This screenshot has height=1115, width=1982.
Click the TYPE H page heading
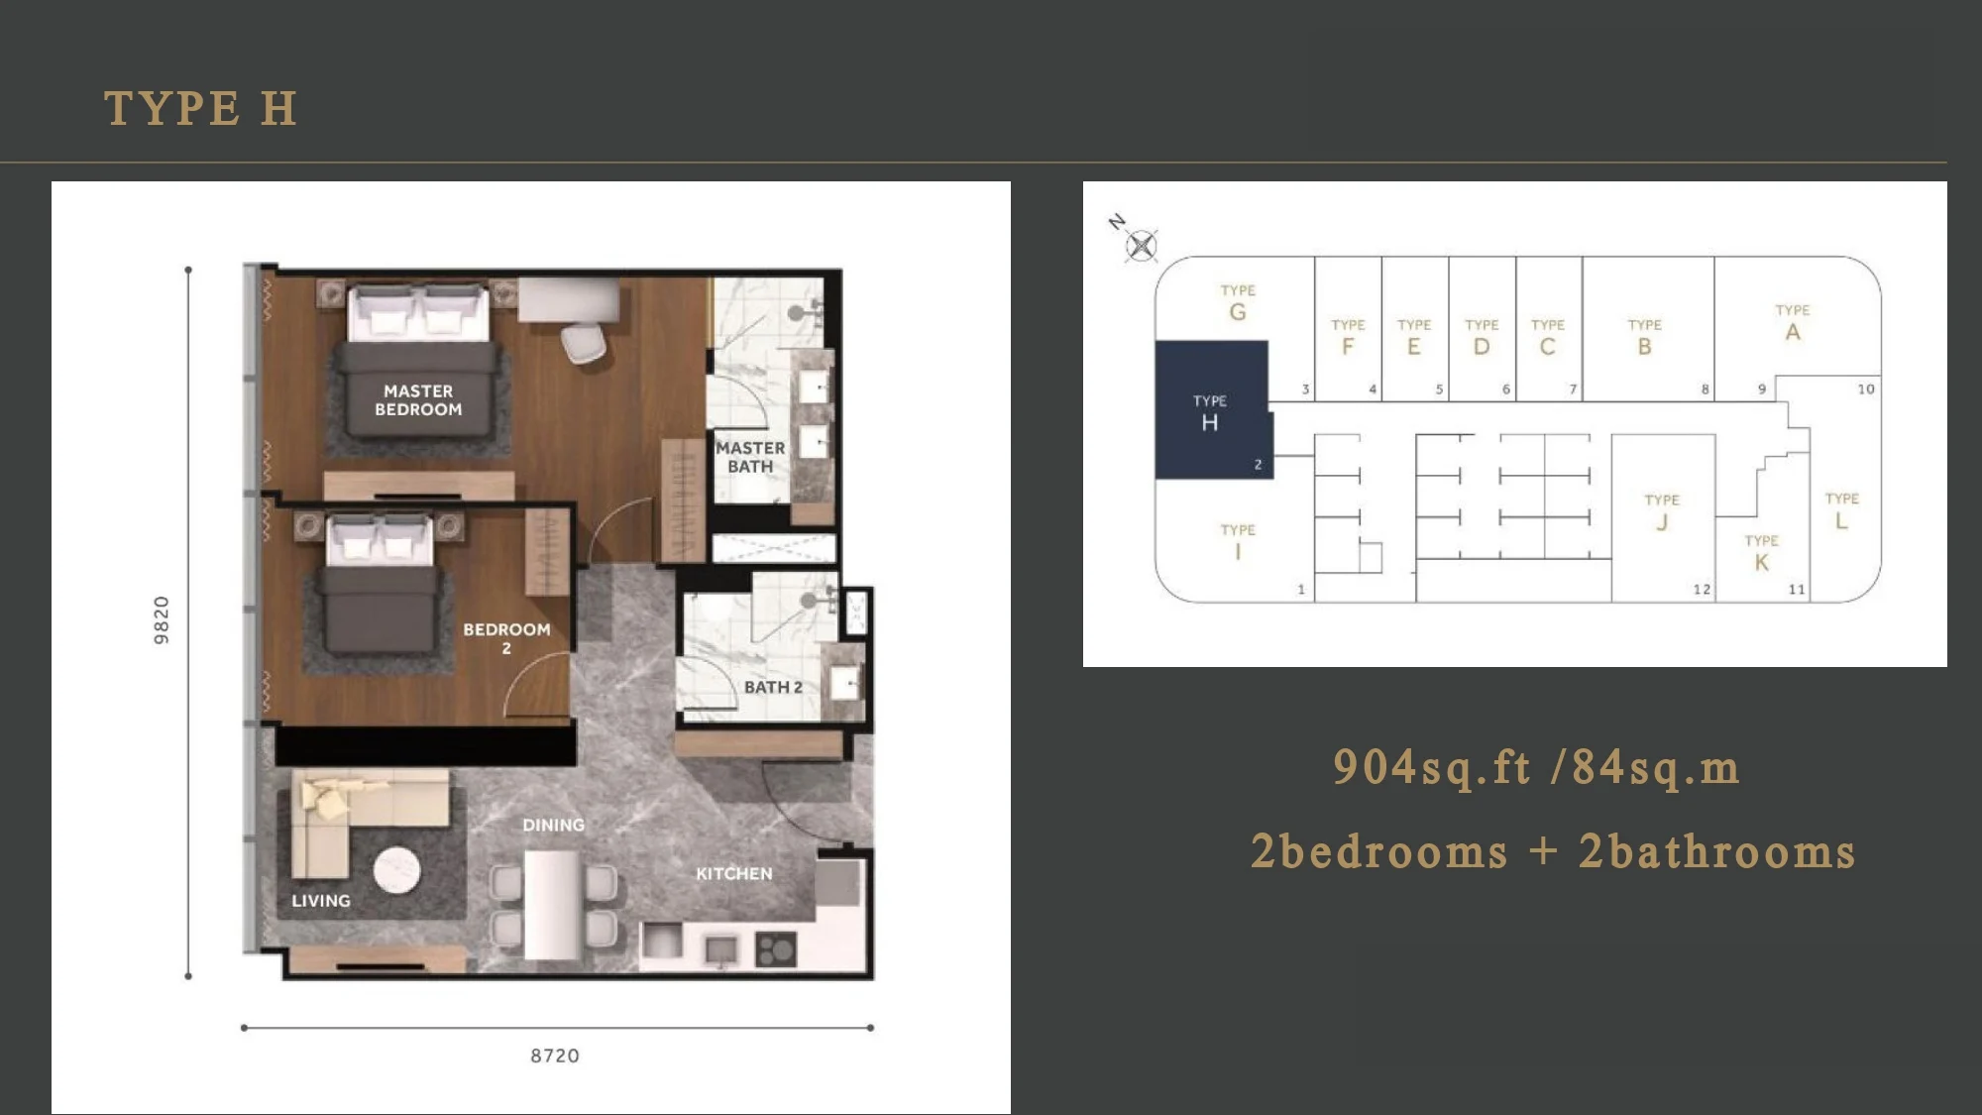[x=200, y=108]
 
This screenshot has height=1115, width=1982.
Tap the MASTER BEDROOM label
[x=418, y=400]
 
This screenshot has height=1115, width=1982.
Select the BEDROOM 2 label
[x=506, y=638]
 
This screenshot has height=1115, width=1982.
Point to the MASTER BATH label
[x=750, y=457]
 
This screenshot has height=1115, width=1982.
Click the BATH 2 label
[x=773, y=687]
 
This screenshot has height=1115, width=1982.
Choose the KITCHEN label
[x=733, y=873]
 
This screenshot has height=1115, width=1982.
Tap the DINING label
[x=553, y=825]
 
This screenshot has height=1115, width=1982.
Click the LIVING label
[x=321, y=901]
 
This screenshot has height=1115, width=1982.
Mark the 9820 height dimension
[x=162, y=620]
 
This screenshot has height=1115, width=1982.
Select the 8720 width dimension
[x=555, y=1056]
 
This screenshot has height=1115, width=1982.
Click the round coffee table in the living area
[x=396, y=870]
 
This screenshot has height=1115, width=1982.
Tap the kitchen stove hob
[x=776, y=949]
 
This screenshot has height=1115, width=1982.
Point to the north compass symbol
[x=1142, y=245]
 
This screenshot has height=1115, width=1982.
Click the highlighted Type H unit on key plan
[x=1212, y=409]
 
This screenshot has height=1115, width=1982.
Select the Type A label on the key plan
[x=1793, y=323]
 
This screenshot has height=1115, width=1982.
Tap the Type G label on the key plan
[x=1238, y=303]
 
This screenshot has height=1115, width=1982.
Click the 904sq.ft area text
[x=1432, y=767]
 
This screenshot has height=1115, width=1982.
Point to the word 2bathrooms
[x=1717, y=851]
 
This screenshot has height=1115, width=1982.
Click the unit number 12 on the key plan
[x=1702, y=590]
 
